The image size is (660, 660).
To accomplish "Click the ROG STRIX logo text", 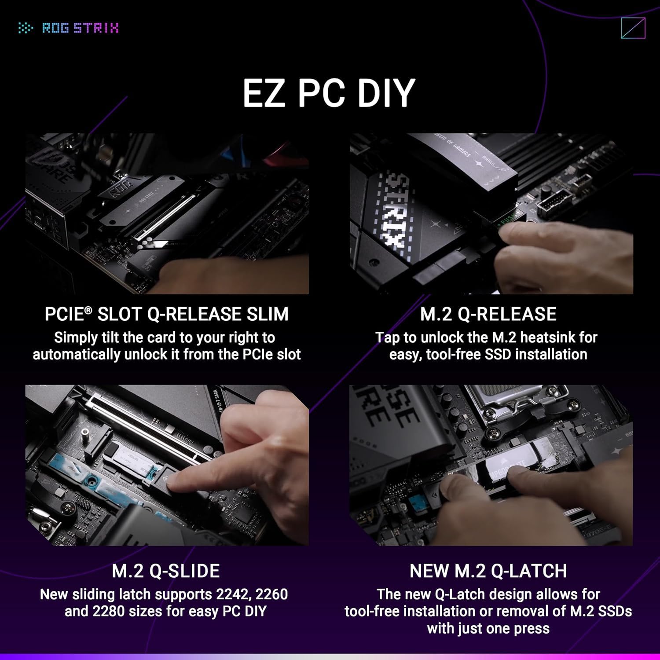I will click(x=80, y=28).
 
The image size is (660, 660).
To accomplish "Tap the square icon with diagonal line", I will click(x=633, y=28).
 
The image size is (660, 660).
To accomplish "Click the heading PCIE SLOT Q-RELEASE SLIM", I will click(x=166, y=314).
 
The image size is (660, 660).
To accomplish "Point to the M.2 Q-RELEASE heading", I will click(x=488, y=314).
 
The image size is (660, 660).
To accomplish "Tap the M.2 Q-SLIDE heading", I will click(x=166, y=571).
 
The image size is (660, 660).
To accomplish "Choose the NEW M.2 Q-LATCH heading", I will click(x=488, y=571).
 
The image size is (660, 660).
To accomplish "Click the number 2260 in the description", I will click(x=271, y=594).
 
